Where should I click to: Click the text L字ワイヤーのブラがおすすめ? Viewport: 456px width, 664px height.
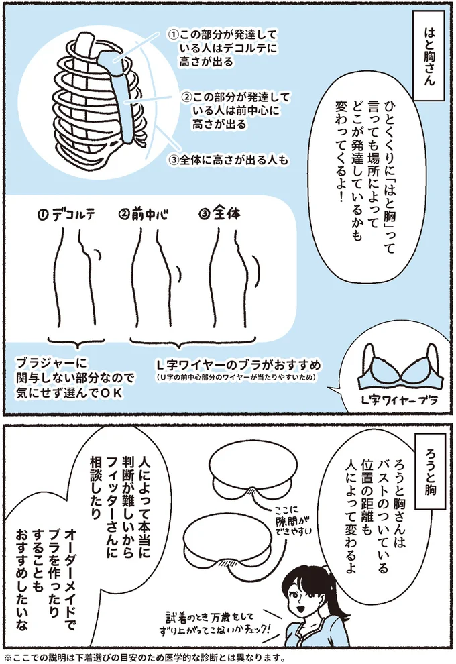pos(238,365)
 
